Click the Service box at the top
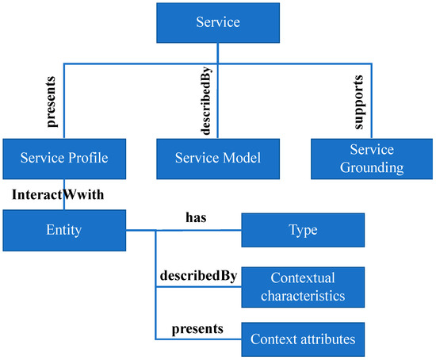point(217,23)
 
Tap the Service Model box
point(217,158)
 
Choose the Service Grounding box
point(372,158)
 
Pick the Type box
point(303,230)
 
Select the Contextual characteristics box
point(303,286)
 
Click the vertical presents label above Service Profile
point(52,101)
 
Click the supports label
point(359,101)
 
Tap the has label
point(195,216)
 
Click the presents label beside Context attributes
point(197,327)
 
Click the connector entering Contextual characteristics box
point(198,287)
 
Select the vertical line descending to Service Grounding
point(372,103)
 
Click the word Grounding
point(372,167)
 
